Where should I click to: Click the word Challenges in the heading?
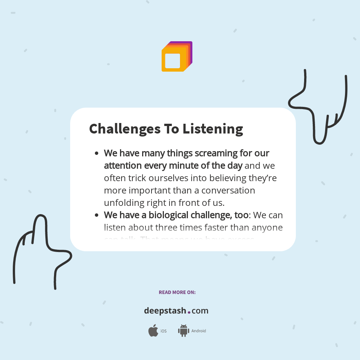coord(124,129)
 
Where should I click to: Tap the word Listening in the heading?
coord(213,129)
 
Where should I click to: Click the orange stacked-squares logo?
coord(177,57)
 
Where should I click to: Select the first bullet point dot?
coord(97,153)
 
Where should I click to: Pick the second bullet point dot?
coord(97,216)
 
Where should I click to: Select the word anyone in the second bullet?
coord(267,228)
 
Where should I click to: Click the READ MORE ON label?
coord(177,292)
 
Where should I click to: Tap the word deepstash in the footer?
coord(165,311)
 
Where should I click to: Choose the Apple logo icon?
coord(153,331)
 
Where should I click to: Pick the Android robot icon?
coord(183,331)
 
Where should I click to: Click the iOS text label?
coord(163,331)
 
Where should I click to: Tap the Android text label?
coord(198,331)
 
